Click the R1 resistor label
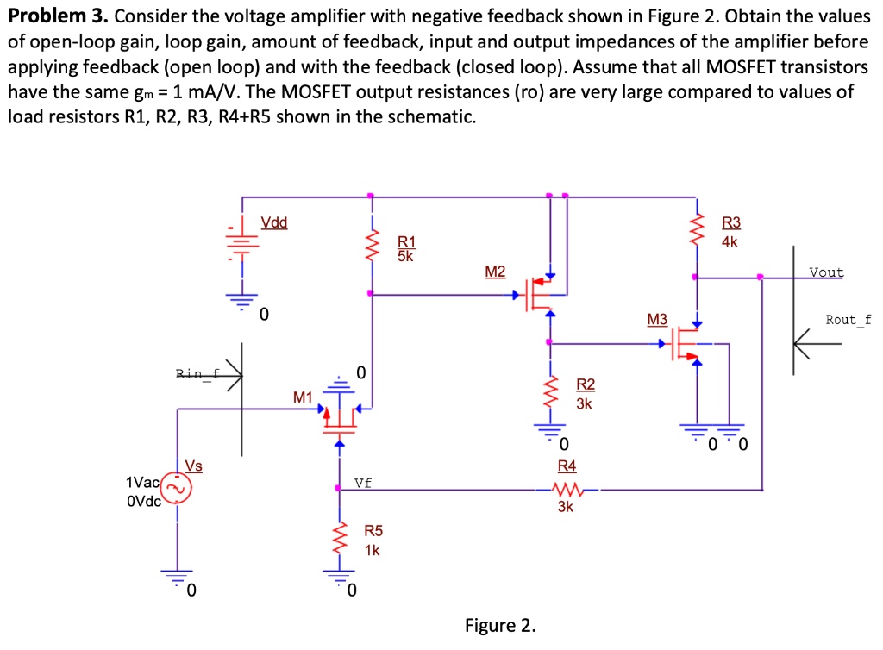coord(406,241)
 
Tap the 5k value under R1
coord(406,255)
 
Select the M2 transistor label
coord(495,272)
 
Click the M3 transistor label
coord(657,320)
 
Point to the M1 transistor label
coord(302,397)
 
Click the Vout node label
coord(826,272)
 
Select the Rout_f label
coord(848,320)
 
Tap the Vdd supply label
coord(274,222)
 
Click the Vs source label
coord(193,466)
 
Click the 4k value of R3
coord(730,242)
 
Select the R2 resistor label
coord(585,384)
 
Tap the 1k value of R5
coord(372,550)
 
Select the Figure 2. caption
coord(500,625)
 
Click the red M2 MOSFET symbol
coord(539,295)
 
